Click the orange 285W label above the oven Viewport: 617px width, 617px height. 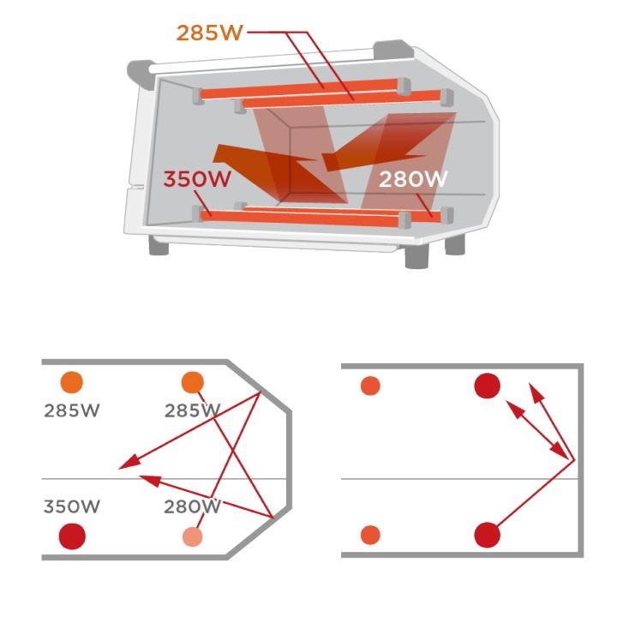(x=209, y=33)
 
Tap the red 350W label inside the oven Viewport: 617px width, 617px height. (x=197, y=178)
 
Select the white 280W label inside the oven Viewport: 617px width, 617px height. (x=413, y=179)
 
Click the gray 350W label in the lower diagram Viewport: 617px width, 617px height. (x=72, y=506)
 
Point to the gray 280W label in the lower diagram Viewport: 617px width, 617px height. (x=192, y=506)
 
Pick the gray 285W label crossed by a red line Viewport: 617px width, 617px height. (x=192, y=410)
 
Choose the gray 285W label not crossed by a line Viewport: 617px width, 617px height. (x=72, y=410)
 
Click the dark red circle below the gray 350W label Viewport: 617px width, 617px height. (x=72, y=536)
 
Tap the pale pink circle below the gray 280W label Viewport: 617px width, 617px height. (x=193, y=536)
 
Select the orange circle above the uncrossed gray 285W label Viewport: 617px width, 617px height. (x=72, y=382)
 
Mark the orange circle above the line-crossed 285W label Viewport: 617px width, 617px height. (x=193, y=382)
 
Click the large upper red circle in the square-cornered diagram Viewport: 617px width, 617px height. (x=487, y=386)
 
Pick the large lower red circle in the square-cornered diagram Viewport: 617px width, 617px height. (x=487, y=535)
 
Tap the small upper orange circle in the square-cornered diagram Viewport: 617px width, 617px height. (x=370, y=386)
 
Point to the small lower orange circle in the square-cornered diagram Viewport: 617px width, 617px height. (x=370, y=535)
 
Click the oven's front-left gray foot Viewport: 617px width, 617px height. (x=159, y=246)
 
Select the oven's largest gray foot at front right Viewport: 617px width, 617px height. (x=416, y=256)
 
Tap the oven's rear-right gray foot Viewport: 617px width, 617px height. (x=455, y=245)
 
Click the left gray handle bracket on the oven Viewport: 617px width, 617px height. (x=140, y=73)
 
